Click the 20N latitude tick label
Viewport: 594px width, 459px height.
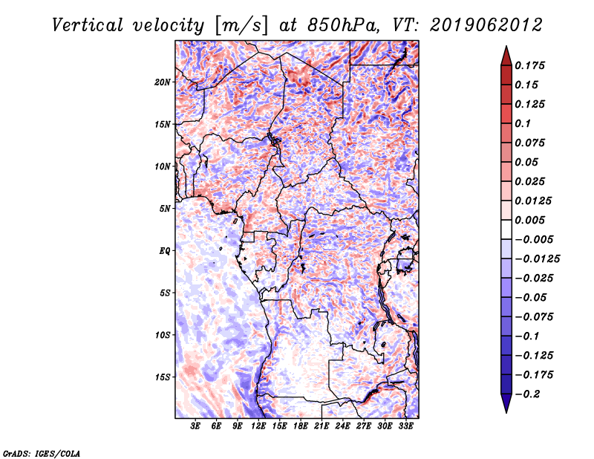click(x=163, y=82)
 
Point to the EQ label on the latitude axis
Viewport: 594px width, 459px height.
click(x=165, y=251)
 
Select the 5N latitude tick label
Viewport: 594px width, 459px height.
click(x=165, y=209)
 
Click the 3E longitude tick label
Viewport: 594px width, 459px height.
click(x=195, y=426)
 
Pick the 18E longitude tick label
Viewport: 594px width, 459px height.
click(x=301, y=426)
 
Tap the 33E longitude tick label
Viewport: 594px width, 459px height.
click(x=405, y=426)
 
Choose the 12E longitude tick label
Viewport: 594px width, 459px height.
click(x=258, y=426)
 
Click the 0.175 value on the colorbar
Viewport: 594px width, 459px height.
click(x=529, y=65)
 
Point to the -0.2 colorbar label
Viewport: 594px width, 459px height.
click(x=527, y=394)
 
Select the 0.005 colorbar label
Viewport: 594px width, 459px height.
click(x=529, y=220)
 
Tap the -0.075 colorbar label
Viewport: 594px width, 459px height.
click(x=534, y=317)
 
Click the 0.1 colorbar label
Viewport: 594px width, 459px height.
click(x=523, y=123)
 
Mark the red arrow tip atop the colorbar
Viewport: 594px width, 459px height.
click(x=506, y=46)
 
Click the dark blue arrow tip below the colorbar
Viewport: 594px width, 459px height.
click(x=506, y=412)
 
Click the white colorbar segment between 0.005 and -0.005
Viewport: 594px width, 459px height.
click(x=506, y=229)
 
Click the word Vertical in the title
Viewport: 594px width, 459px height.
click(x=88, y=25)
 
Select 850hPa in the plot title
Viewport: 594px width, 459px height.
click(x=343, y=25)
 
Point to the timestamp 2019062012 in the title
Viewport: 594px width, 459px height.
click(x=486, y=25)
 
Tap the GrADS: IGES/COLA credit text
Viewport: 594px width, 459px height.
click(x=42, y=453)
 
